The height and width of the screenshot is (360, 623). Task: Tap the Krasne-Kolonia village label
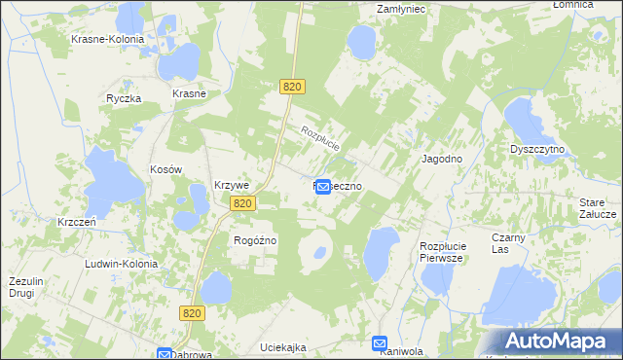pyautogui.click(x=107, y=40)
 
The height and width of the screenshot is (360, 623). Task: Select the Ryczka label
pyautogui.click(x=125, y=99)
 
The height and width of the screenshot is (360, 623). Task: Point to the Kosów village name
pyautogui.click(x=166, y=169)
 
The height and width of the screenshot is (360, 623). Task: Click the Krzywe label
pyautogui.click(x=233, y=186)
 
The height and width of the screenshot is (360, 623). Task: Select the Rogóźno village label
pyautogui.click(x=256, y=240)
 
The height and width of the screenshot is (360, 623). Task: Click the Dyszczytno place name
pyautogui.click(x=538, y=150)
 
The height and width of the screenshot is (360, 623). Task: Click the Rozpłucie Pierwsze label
pyautogui.click(x=447, y=252)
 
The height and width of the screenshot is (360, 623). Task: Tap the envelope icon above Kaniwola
pyautogui.click(x=381, y=342)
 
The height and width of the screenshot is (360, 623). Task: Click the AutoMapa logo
pyautogui.click(x=561, y=341)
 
